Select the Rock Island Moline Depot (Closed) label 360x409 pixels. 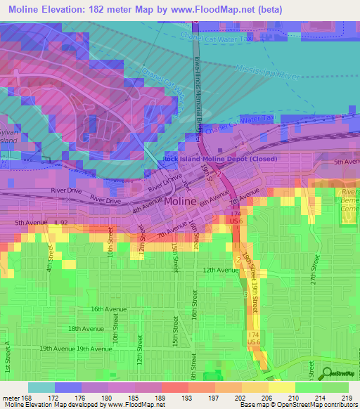[x=219, y=159]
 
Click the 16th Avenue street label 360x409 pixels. [x=107, y=309]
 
